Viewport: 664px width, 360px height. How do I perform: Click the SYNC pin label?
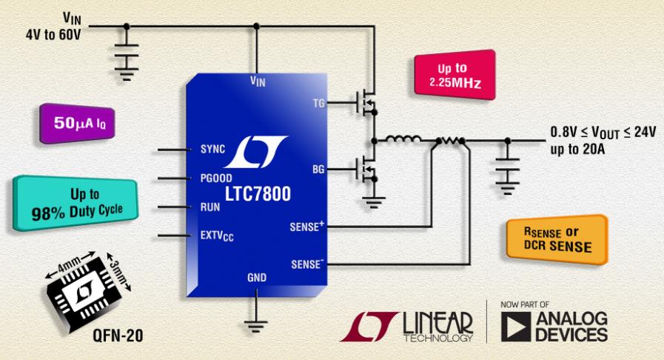click(212, 149)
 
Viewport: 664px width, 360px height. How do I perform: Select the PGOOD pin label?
click(216, 178)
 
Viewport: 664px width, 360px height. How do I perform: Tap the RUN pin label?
click(210, 207)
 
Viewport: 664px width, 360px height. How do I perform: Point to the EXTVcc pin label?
click(217, 236)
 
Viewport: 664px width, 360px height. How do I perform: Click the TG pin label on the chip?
click(318, 103)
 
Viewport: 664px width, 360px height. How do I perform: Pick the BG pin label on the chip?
click(318, 170)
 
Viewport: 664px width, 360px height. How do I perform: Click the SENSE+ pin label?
click(307, 227)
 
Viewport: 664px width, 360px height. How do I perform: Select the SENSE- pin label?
click(307, 264)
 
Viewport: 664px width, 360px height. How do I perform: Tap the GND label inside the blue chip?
click(257, 278)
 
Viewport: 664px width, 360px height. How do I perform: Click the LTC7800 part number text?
click(258, 194)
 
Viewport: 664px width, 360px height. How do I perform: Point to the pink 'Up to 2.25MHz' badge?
click(455, 75)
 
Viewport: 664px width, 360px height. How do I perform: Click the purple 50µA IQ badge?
click(77, 123)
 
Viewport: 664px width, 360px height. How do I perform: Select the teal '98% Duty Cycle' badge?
click(76, 203)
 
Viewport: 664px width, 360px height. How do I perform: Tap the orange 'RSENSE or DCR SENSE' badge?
click(557, 239)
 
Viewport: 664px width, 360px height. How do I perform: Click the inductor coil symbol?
click(402, 139)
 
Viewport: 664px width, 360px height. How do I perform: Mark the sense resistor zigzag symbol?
click(450, 140)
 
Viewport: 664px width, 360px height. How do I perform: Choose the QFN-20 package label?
click(118, 336)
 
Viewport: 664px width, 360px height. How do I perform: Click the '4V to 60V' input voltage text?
click(53, 34)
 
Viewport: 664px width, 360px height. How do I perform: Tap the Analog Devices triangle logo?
click(515, 327)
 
